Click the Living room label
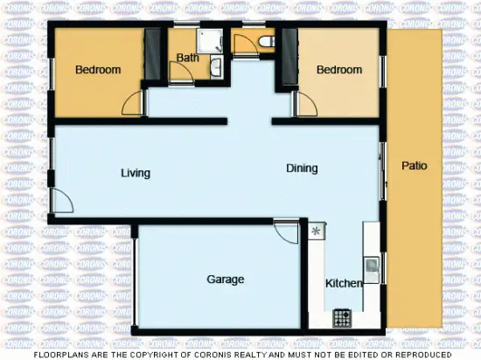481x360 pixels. [135, 173]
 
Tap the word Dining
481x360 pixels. [302, 169]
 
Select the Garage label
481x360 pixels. [225, 280]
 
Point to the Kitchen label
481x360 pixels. [344, 283]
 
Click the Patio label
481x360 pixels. [415, 165]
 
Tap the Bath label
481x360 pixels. [187, 59]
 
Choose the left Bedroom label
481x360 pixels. [97, 70]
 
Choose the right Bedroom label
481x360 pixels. [338, 70]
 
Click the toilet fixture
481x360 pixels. [266, 41]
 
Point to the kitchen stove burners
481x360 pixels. [342, 317]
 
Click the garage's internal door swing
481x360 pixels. [286, 232]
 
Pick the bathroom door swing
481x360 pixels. [181, 73]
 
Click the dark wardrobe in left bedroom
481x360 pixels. [153, 54]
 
